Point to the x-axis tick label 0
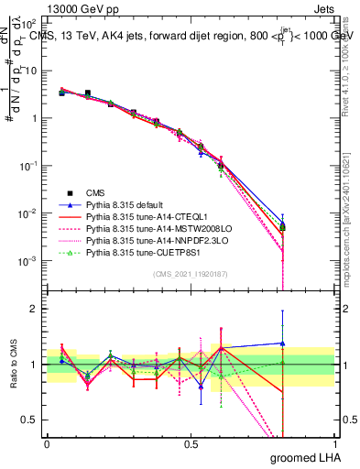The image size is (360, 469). coord(47,442)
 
